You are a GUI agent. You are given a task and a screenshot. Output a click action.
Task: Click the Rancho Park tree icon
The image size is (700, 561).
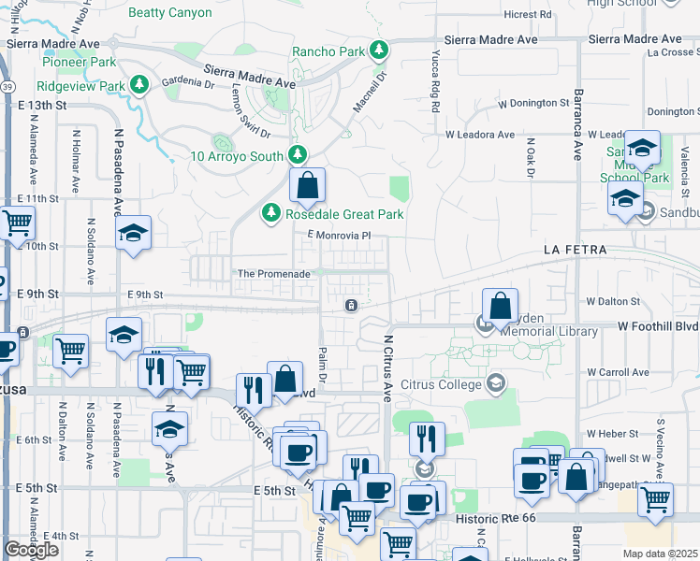(379, 50)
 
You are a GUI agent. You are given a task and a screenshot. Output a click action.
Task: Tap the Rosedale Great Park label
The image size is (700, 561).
(344, 214)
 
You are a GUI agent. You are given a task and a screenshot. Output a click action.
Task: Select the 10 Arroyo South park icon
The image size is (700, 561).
(298, 154)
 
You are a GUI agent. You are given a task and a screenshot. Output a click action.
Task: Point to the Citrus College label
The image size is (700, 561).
(438, 383)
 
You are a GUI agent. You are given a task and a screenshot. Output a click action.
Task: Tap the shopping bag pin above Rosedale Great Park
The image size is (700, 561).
(307, 187)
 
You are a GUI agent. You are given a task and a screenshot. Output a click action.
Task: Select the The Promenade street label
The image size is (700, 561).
(273, 274)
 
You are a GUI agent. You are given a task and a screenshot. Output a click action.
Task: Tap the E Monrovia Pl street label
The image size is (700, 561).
(340, 236)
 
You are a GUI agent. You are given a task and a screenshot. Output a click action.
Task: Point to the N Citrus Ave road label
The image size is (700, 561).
(387, 366)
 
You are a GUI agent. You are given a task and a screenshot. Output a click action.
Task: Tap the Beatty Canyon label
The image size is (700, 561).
(169, 13)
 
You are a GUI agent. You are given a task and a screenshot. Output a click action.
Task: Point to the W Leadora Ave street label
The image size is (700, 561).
(479, 135)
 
